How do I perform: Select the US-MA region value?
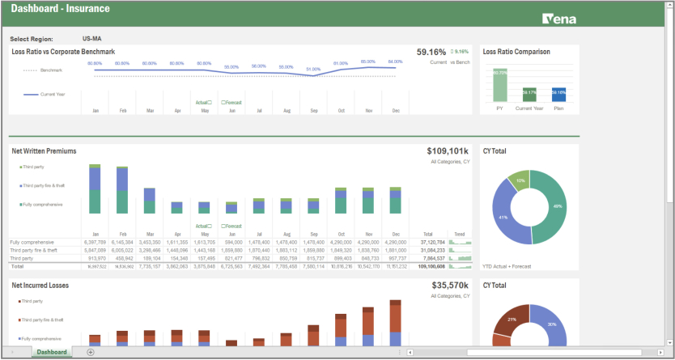(91, 38)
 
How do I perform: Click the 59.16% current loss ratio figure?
(431, 52)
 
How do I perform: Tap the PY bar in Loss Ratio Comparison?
(500, 85)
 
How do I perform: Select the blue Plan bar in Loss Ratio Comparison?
(558, 95)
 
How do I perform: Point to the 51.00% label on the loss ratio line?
(313, 70)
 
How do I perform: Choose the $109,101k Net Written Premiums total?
(448, 151)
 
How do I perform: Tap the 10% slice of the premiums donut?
(520, 180)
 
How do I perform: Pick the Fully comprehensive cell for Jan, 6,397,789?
(95, 242)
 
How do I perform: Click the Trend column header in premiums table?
(459, 234)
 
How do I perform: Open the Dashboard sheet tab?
(51, 352)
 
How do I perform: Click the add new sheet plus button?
(91, 352)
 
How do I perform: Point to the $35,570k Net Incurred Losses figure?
(450, 286)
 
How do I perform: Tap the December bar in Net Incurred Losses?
(395, 324)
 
